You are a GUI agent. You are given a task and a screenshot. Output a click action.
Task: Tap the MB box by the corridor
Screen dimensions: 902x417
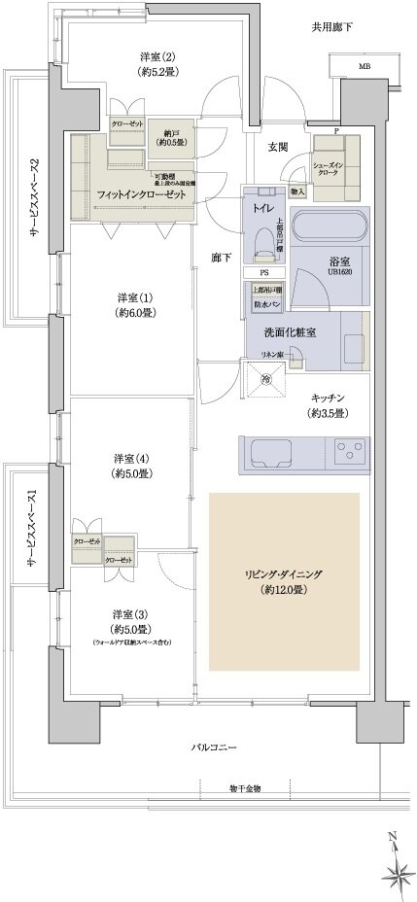[364, 66]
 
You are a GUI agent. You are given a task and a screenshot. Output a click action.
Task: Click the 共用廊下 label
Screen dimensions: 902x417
[332, 26]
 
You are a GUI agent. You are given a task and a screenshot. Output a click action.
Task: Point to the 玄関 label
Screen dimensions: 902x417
[278, 147]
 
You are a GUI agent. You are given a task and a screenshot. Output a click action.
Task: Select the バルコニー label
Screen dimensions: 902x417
[214, 746]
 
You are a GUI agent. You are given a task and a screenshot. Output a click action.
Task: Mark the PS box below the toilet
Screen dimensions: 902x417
[263, 273]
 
